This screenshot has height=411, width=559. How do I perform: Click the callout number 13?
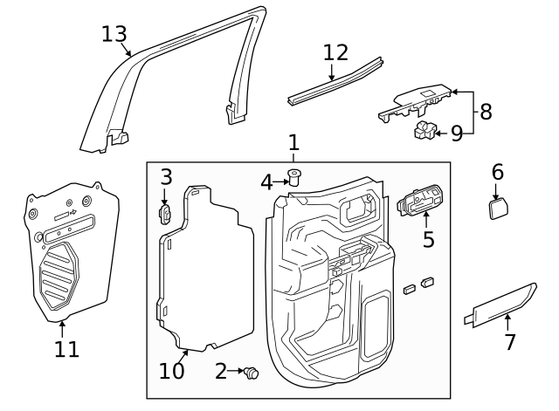click(x=114, y=34)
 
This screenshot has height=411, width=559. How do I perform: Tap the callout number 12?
click(x=335, y=52)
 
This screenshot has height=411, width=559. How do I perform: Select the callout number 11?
click(x=66, y=350)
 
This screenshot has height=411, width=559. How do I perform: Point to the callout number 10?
click(x=172, y=371)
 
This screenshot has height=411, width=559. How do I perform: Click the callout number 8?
click(x=486, y=112)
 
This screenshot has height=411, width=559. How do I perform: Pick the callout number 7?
click(x=510, y=342)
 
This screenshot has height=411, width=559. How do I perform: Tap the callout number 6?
click(x=497, y=172)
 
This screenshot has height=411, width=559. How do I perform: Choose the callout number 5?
click(x=428, y=238)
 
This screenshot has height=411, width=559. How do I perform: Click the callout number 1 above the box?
click(x=293, y=141)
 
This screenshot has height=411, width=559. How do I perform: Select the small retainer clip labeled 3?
click(x=164, y=212)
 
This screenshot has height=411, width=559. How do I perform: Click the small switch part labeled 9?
click(x=425, y=131)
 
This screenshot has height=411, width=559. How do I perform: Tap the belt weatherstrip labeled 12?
click(x=336, y=82)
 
